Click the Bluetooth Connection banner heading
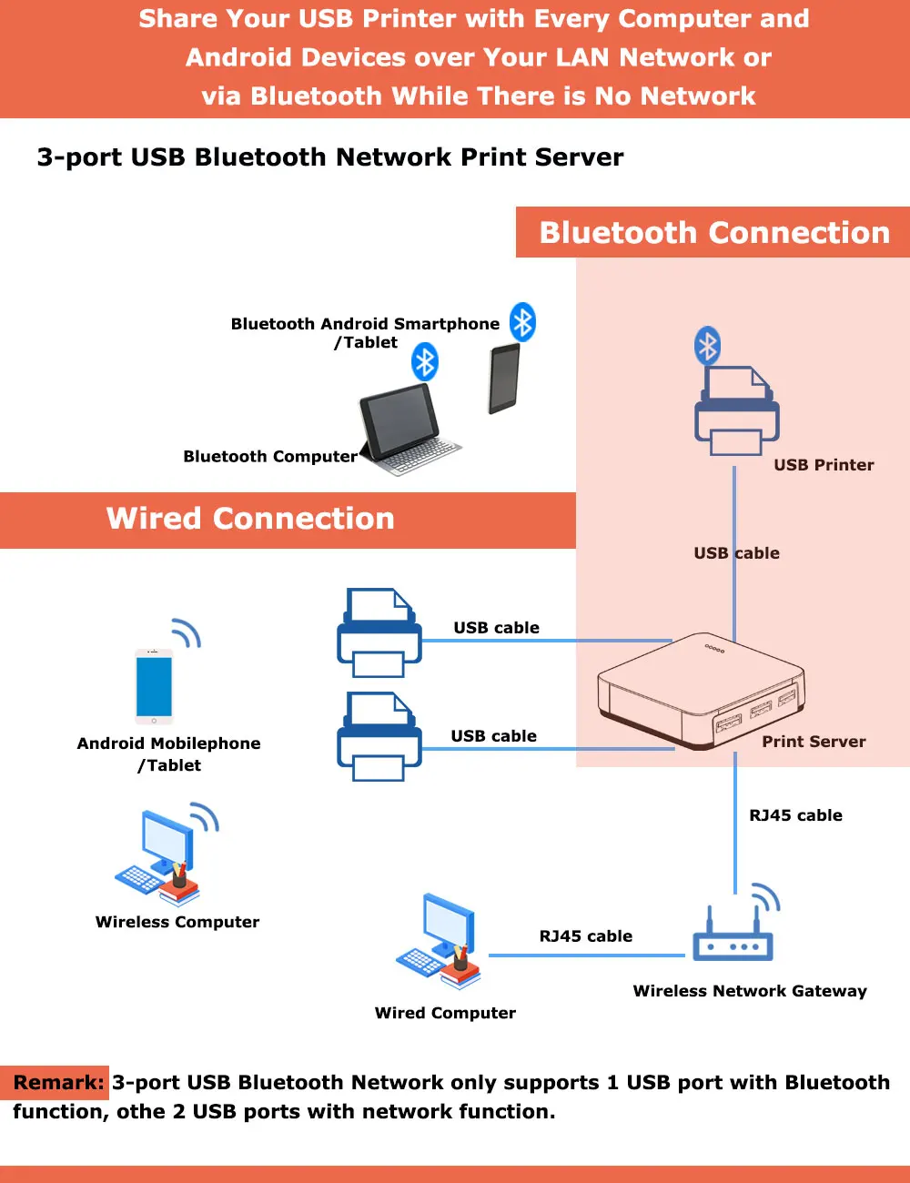pyautogui.click(x=714, y=233)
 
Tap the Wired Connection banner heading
pyautogui.click(x=250, y=519)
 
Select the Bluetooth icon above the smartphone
pyautogui.click(x=522, y=322)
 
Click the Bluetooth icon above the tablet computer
pyautogui.click(x=425, y=362)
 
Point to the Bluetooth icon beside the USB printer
pyautogui.click(x=707, y=346)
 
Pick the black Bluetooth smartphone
pyautogui.click(x=504, y=379)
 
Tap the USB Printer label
pyautogui.click(x=824, y=465)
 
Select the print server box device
pyautogui.click(x=701, y=692)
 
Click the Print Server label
pyautogui.click(x=814, y=742)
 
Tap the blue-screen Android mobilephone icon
pyautogui.click(x=154, y=685)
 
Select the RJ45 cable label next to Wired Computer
pyautogui.click(x=585, y=936)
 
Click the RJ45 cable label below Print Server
pyautogui.click(x=795, y=815)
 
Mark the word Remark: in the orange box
pyautogui.click(x=58, y=1083)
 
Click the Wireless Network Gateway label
pyautogui.click(x=750, y=991)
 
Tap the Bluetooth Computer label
pyautogui.click(x=270, y=457)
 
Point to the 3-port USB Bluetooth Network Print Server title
pyautogui.click(x=330, y=157)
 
